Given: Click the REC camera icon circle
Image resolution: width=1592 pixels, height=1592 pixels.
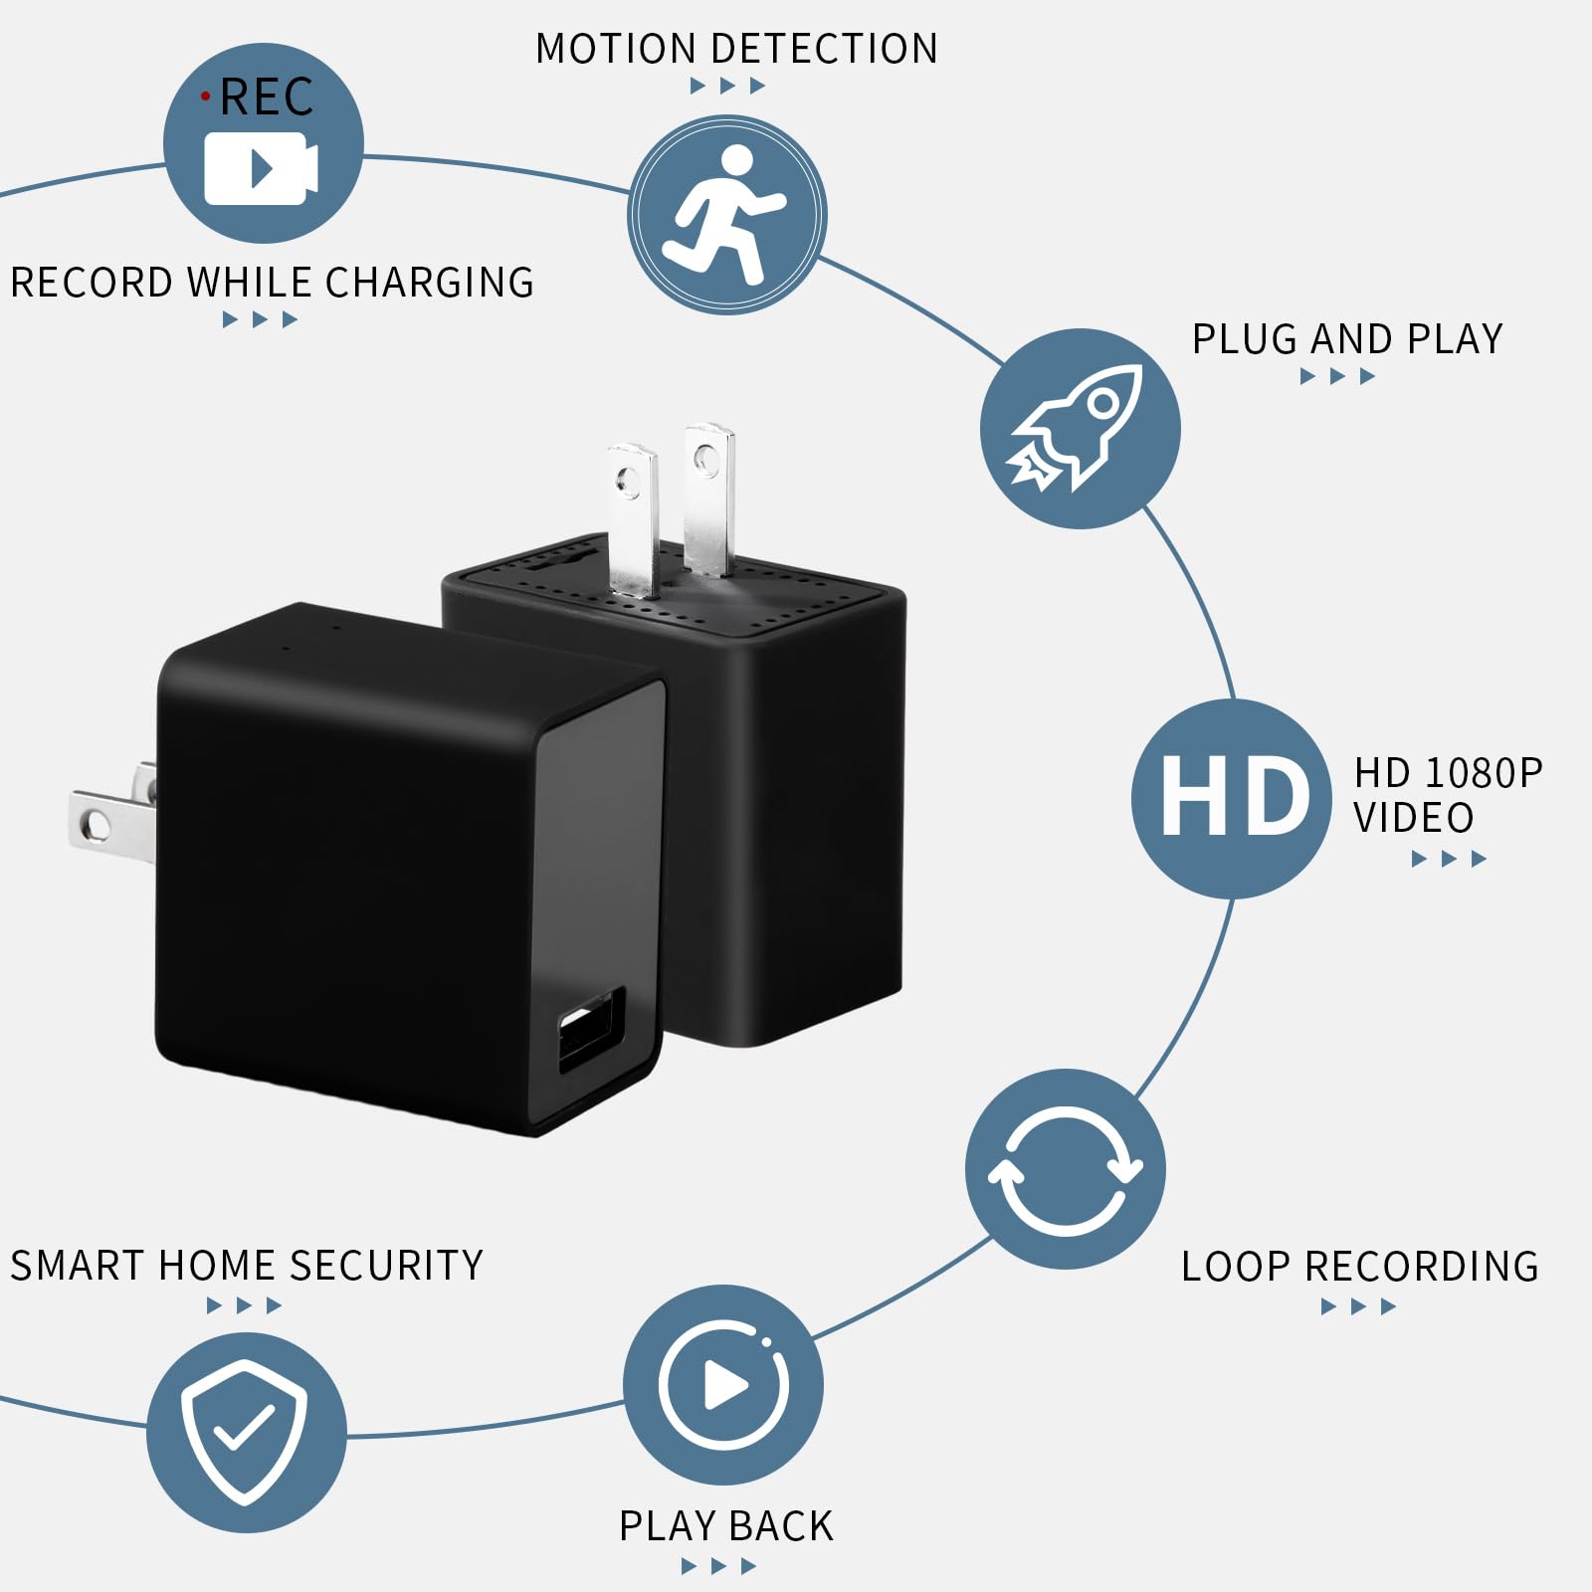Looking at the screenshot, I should [264, 144].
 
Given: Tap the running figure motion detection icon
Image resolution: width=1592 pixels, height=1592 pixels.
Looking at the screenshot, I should [726, 215].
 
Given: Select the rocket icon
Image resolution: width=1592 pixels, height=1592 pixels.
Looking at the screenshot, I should [1081, 429].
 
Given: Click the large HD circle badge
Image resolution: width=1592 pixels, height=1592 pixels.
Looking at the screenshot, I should [1232, 798].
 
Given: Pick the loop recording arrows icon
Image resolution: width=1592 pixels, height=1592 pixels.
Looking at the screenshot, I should [1066, 1169].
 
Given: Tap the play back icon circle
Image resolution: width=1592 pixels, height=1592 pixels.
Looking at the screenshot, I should [723, 1385].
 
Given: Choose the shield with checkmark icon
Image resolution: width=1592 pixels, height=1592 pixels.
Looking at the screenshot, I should [246, 1433].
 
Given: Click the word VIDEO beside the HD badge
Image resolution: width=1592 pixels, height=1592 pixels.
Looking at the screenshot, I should [1413, 818].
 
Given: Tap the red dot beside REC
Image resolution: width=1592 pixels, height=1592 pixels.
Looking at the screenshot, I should [206, 97].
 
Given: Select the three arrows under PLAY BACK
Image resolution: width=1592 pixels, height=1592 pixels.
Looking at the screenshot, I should [718, 1567].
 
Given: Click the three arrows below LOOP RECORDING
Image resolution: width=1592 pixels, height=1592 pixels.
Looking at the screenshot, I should [1358, 1307].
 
